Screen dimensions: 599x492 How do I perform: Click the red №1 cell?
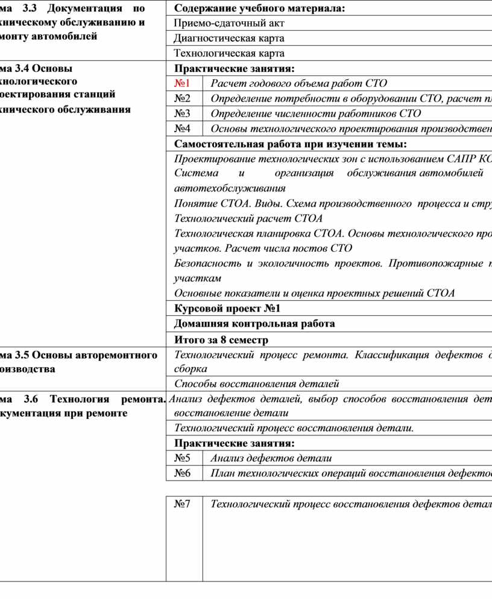click(182, 83)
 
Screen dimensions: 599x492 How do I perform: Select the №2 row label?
click(182, 98)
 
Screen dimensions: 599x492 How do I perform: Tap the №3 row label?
click(182, 114)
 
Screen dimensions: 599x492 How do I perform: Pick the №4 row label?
click(182, 129)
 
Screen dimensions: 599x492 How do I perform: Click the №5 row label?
click(182, 458)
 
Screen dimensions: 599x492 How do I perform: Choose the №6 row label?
click(182, 473)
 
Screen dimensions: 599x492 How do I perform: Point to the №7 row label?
click(182, 504)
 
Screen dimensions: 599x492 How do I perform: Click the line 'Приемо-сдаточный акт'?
click(229, 23)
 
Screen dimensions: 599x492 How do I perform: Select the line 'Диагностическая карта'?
click(229, 38)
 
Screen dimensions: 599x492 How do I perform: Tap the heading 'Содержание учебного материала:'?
click(260, 8)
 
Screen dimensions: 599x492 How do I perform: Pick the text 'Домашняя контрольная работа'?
click(254, 324)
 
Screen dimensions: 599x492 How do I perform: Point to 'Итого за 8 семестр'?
click(221, 339)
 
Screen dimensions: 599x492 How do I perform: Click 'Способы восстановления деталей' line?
click(256, 383)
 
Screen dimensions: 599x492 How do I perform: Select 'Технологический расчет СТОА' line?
click(248, 218)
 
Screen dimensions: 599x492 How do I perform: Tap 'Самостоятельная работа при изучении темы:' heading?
click(290, 144)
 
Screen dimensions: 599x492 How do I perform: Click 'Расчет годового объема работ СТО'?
click(298, 83)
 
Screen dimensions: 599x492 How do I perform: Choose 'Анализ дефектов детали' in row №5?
click(271, 458)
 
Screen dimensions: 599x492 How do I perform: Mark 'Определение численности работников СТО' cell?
click(315, 114)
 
